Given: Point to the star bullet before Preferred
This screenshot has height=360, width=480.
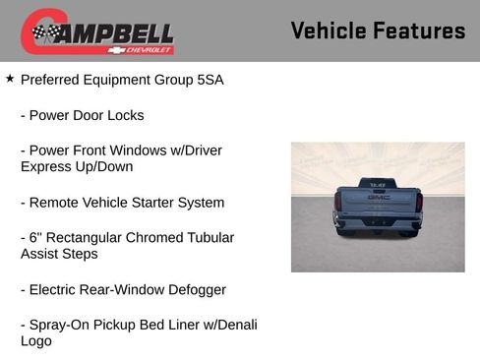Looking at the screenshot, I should [x=10, y=78].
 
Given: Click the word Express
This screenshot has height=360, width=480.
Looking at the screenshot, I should [x=46, y=167].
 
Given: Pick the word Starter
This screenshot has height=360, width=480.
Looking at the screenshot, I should [x=170, y=203].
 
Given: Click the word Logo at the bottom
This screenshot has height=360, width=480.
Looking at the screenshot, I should [x=36, y=341].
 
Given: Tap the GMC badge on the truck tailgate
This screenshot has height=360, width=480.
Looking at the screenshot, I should [x=379, y=197].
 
